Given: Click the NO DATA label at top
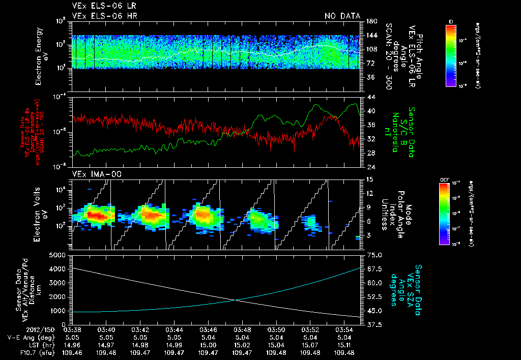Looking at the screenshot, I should [x=342, y=16].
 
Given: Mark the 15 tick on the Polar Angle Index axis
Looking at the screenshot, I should [x=369, y=179].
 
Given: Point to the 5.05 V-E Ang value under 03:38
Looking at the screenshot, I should [x=72, y=337].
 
